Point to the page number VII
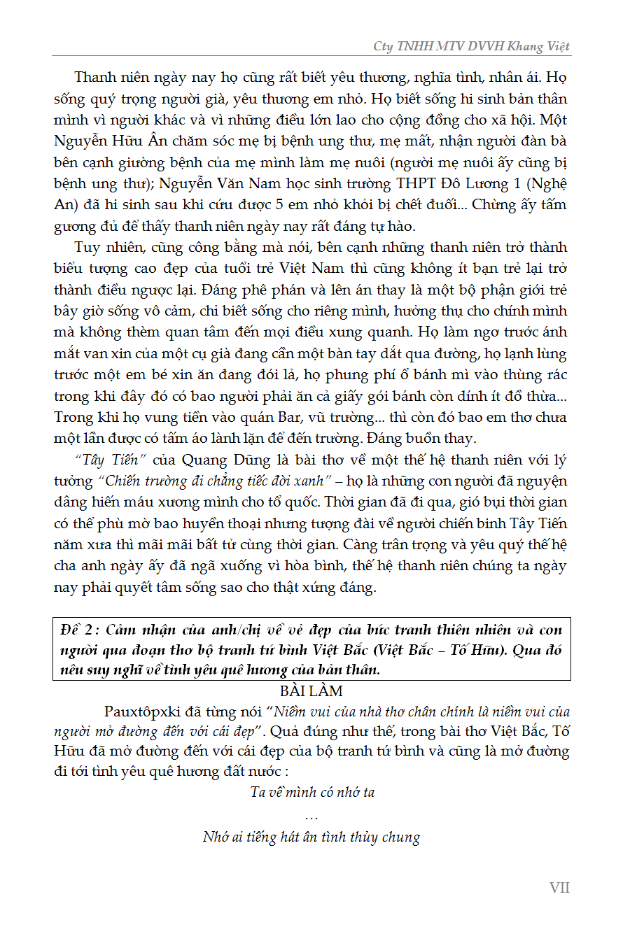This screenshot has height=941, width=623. (559, 888)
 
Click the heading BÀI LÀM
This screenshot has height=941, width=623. (311, 691)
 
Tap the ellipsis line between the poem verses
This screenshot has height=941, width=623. (312, 816)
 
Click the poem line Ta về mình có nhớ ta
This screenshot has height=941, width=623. (312, 793)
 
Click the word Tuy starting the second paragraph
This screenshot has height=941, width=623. (86, 248)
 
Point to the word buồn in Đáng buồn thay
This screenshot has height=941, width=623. (423, 438)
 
